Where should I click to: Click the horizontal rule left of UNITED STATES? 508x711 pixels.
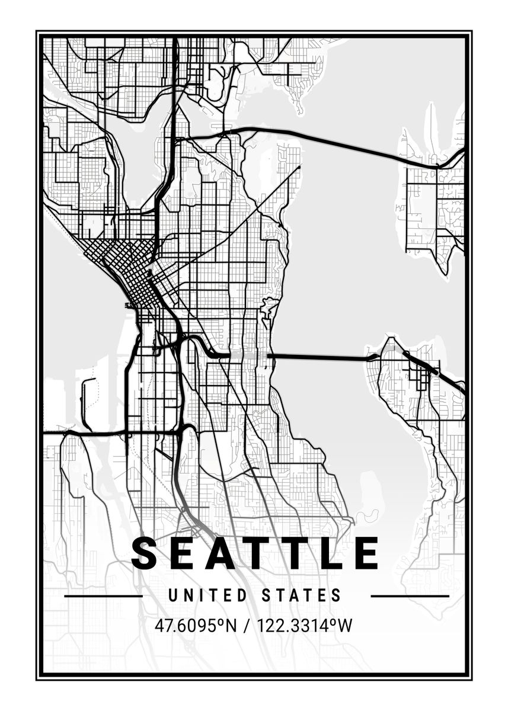click(x=103, y=596)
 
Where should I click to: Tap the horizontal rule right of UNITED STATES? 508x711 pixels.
click(x=410, y=596)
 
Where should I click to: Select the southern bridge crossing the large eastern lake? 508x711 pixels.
click(x=320, y=357)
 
